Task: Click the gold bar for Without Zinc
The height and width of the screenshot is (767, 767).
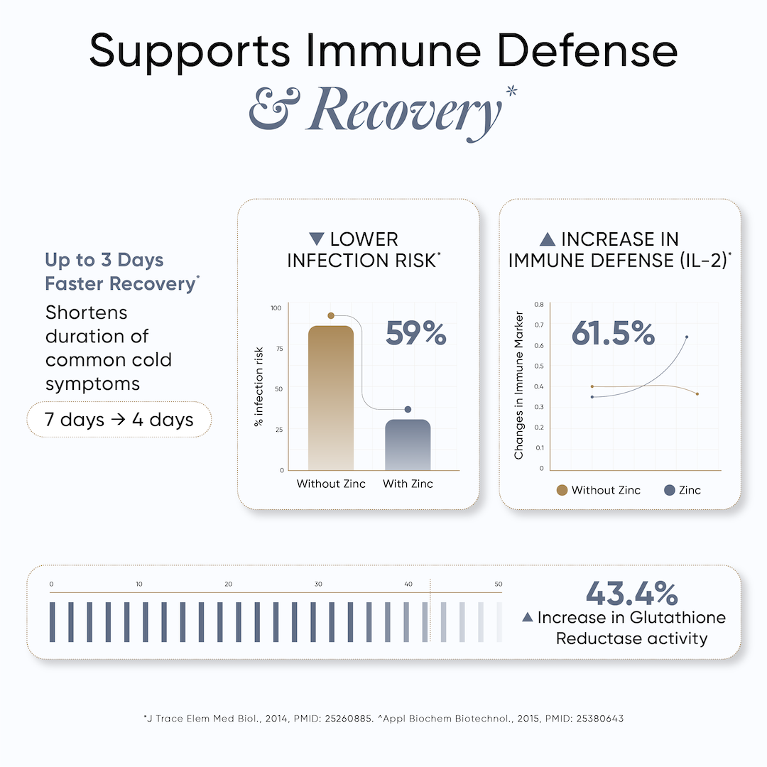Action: click(x=330, y=398)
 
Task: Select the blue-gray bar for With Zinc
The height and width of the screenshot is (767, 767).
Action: click(x=408, y=445)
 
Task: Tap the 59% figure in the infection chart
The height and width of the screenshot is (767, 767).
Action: click(x=415, y=334)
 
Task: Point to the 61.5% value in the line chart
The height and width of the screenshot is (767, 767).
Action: click(x=613, y=332)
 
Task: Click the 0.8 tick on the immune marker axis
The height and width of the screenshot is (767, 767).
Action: click(x=540, y=304)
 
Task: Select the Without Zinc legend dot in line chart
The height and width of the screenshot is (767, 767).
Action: click(x=562, y=490)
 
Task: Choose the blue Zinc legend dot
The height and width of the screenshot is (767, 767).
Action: click(x=668, y=490)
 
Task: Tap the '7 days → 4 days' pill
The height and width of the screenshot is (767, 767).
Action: click(x=119, y=419)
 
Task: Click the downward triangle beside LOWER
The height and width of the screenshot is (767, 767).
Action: click(x=317, y=239)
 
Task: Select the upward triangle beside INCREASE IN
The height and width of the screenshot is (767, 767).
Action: click(x=548, y=239)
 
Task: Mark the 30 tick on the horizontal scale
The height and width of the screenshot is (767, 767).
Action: click(x=318, y=584)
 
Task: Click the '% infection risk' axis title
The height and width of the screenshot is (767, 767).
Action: click(x=259, y=387)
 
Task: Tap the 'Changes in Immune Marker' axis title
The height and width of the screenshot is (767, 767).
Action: click(x=519, y=385)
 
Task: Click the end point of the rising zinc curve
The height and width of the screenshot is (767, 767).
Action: click(x=686, y=337)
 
